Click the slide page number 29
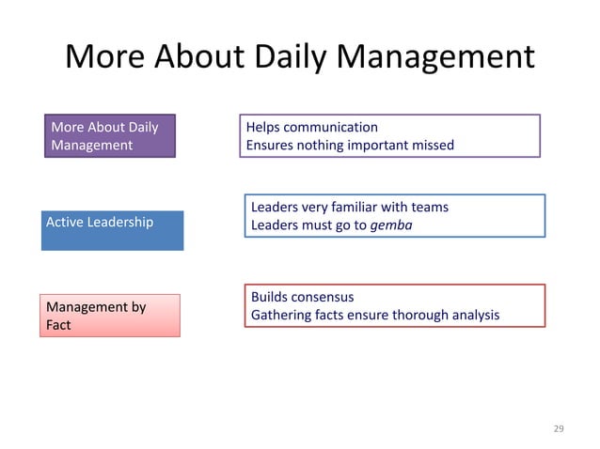[559, 428]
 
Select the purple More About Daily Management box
[110, 136]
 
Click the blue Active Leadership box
[112, 230]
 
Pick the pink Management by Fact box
[109, 315]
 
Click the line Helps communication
[311, 127]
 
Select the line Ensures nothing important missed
[349, 145]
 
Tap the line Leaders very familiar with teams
[349, 207]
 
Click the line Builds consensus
[302, 297]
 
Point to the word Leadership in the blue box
[120, 222]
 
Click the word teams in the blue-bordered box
[429, 207]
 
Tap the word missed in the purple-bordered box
[432, 145]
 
